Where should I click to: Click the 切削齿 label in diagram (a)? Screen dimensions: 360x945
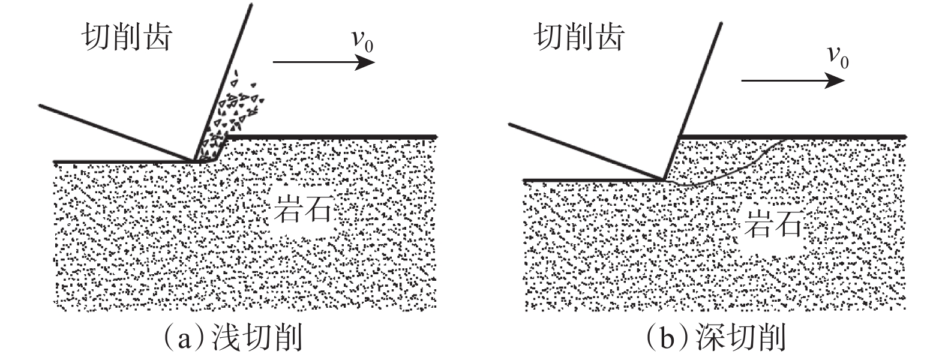click(x=127, y=37)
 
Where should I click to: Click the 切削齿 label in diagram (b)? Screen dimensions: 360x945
click(x=578, y=37)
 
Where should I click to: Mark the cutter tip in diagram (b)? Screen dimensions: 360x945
click(x=664, y=179)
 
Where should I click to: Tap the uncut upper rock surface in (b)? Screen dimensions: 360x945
click(x=792, y=137)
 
